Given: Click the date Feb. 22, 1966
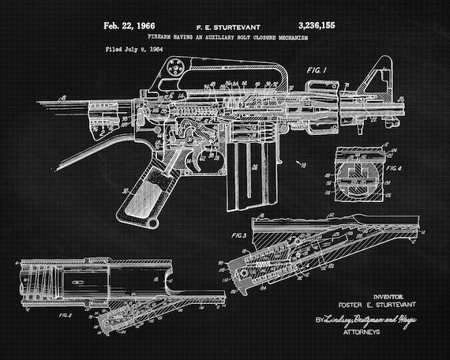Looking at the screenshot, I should [131, 26].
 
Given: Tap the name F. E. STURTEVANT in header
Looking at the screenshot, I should [226, 27].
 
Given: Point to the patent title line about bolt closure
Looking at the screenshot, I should [225, 37].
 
